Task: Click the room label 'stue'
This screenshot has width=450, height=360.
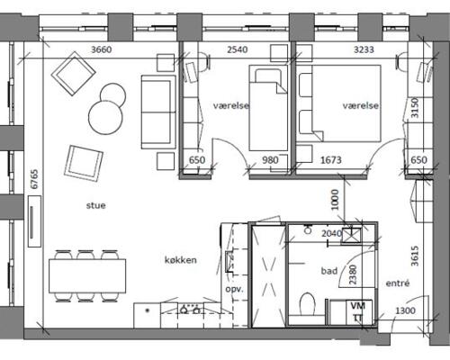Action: click(96, 205)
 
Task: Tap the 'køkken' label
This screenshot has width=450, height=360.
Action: click(181, 260)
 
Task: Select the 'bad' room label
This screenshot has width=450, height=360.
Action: click(329, 271)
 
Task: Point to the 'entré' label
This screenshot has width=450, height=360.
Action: click(398, 283)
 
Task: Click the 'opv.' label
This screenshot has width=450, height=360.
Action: click(234, 290)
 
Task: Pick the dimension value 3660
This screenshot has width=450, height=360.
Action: click(101, 49)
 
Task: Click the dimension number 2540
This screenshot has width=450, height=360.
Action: click(238, 49)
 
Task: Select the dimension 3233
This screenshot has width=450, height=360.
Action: click(364, 49)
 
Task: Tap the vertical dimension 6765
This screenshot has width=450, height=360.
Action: click(34, 179)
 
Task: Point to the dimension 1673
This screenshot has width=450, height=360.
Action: click(331, 160)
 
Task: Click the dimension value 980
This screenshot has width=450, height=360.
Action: click(270, 160)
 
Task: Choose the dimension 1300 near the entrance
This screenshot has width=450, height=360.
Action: click(405, 310)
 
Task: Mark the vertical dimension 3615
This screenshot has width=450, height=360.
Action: click(415, 256)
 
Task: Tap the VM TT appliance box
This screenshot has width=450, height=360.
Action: click(358, 312)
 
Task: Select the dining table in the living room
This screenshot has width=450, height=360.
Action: click(87, 276)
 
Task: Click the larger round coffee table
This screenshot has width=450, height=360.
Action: click(105, 117)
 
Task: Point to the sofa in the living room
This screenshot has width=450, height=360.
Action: click(158, 112)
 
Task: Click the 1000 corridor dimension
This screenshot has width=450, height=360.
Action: click(335, 200)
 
